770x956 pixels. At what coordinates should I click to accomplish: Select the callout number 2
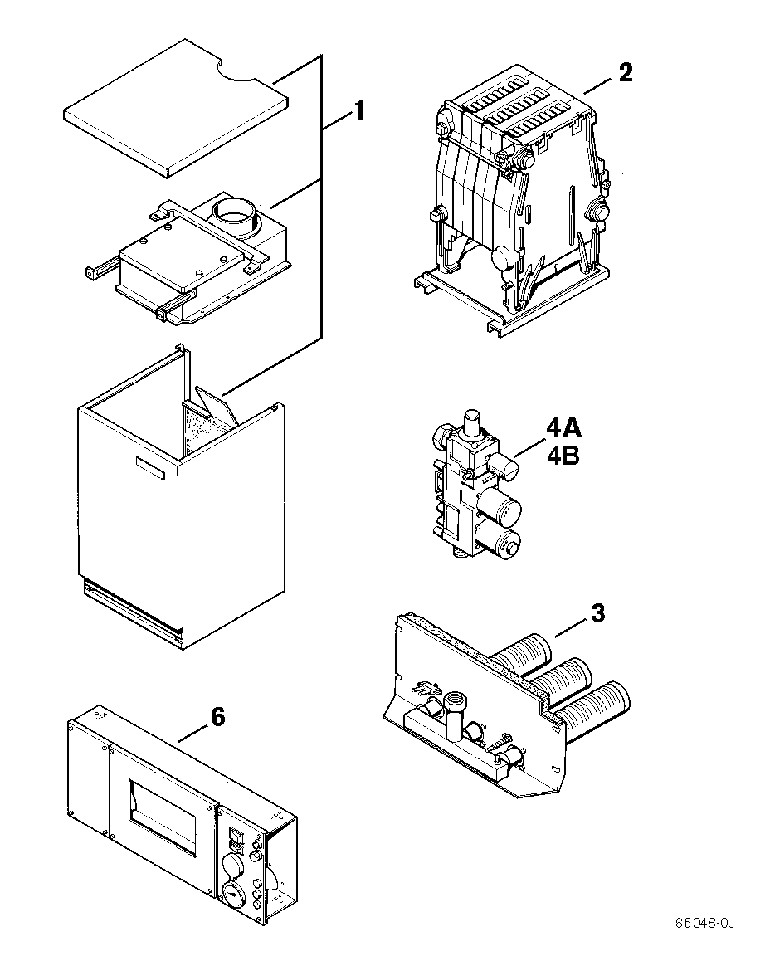click(625, 73)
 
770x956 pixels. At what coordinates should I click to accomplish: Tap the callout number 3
click(597, 615)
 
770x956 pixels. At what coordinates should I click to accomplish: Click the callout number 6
click(217, 717)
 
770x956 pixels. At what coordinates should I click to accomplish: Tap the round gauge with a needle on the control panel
click(234, 898)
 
